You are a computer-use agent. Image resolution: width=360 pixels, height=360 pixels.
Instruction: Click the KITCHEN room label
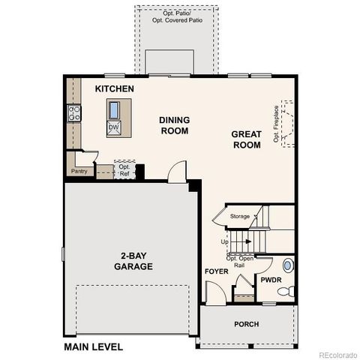pos(114,89)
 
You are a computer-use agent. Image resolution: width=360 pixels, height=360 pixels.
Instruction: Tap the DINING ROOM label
pos(174,124)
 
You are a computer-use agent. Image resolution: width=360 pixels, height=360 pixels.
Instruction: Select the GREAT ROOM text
pos(246,139)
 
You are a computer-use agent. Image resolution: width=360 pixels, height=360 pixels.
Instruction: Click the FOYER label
pos(216,271)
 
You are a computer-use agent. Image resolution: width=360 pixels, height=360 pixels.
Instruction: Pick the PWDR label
pos(270,280)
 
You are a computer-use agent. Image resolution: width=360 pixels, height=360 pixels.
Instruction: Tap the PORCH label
pos(246,324)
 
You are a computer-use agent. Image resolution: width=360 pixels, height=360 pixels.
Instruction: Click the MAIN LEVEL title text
pos(94,346)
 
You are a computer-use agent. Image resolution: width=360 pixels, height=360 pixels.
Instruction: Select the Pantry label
pos(79,171)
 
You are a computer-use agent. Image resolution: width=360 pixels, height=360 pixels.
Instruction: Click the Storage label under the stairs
pos(239,216)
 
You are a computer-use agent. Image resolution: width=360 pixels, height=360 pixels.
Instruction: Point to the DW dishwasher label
pos(113,127)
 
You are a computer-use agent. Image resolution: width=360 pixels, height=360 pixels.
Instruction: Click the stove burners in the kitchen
pos(75,113)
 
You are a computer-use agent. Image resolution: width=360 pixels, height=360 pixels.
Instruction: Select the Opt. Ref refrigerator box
pos(124,170)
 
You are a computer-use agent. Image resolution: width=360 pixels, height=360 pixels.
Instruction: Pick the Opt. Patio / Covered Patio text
pos(176,17)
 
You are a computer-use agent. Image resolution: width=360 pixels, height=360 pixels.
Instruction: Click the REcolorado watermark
pos(338,354)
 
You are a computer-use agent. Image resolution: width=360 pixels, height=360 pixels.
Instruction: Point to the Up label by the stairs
pos(224,241)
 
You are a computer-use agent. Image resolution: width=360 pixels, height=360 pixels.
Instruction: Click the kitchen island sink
pos(114,110)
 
